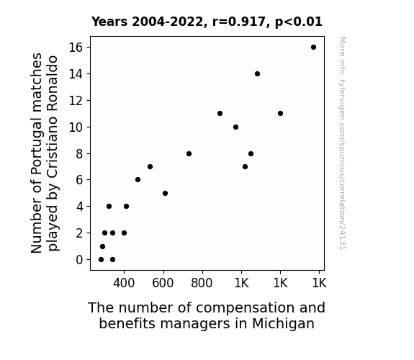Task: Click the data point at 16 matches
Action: pyautogui.click(x=313, y=48)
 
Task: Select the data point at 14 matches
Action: pyautogui.click(x=258, y=74)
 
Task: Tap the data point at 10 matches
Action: pyautogui.click(x=235, y=127)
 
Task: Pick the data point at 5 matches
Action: pyautogui.click(x=166, y=194)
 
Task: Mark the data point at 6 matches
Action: pyautogui.click(x=138, y=179)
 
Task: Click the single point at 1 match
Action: pyautogui.click(x=103, y=247)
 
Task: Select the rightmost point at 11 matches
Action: pyautogui.click(x=280, y=114)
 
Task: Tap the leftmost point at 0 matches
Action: pyautogui.click(x=101, y=260)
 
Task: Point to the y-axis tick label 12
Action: pyautogui.click(x=76, y=101)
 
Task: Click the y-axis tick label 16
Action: pyautogui.click(x=76, y=48)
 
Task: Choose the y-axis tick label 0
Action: pyautogui.click(x=79, y=260)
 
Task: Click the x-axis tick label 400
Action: pyautogui.click(x=124, y=283)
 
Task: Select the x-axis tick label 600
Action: pyautogui.click(x=163, y=283)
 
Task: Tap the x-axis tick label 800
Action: pyautogui.click(x=202, y=283)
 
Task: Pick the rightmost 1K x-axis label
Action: pyautogui.click(x=319, y=283)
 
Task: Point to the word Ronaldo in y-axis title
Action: pyautogui.click(x=53, y=84)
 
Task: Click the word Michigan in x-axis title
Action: pyautogui.click(x=283, y=323)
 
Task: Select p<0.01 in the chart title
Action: pyautogui.click(x=299, y=22)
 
